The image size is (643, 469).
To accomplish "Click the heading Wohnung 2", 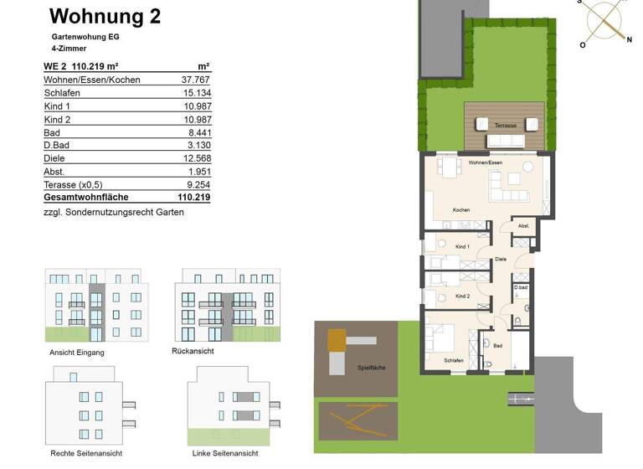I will pyautogui.click(x=105, y=16).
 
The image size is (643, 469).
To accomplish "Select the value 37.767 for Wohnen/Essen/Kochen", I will pyautogui.click(x=194, y=80).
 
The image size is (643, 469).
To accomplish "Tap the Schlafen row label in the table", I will pyautogui.click(x=62, y=93).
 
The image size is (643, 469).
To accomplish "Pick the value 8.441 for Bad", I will pyautogui.click(x=197, y=132).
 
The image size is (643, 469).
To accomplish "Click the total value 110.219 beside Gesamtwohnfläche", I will pyautogui.click(x=193, y=198).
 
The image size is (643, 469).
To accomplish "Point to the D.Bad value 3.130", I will pyautogui.click(x=198, y=146).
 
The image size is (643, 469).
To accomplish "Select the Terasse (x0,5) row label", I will pyautogui.click(x=80, y=184).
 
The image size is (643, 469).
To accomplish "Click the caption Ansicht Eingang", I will pyautogui.click(x=76, y=353).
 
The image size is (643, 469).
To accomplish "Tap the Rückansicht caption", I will pyautogui.click(x=193, y=351).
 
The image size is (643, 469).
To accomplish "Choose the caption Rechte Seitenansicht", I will pyautogui.click(x=86, y=453).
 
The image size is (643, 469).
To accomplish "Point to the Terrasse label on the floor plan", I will pyautogui.click(x=506, y=125).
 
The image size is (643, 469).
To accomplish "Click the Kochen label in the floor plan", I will pyautogui.click(x=461, y=210).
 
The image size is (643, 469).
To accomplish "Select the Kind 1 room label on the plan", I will pyautogui.click(x=462, y=247).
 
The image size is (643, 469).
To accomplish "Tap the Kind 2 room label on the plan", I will pyautogui.click(x=462, y=296).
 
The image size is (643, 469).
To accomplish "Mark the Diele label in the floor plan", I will pyautogui.click(x=501, y=260).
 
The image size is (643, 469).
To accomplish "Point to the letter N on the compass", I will pyautogui.click(x=629, y=39).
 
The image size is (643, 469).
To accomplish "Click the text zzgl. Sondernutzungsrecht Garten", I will pyautogui.click(x=113, y=213).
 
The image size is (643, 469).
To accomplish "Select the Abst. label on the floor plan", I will pyautogui.click(x=523, y=226).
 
